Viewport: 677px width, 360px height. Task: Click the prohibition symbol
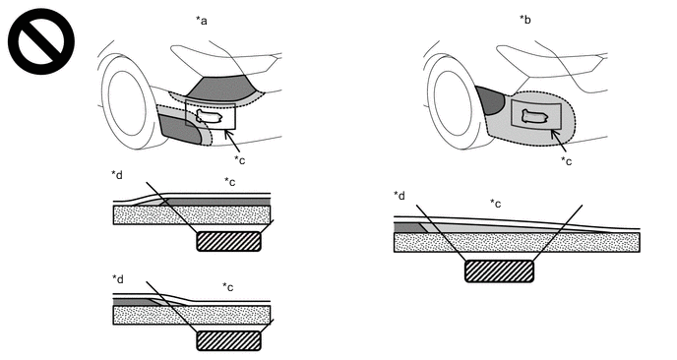[41, 41]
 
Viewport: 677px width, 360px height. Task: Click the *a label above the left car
[202, 21]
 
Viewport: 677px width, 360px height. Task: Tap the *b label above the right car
[525, 20]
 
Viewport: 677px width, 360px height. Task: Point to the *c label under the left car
[240, 159]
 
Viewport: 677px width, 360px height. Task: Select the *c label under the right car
[566, 161]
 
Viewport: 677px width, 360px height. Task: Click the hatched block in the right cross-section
[499, 271]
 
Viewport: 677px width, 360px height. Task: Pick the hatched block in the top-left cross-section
[229, 241]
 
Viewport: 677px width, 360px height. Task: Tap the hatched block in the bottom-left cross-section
[229, 341]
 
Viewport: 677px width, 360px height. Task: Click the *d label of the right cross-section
[400, 196]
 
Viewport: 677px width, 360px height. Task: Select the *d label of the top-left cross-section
[117, 175]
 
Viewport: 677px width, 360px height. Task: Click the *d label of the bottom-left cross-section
[118, 279]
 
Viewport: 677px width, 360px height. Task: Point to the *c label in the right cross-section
[495, 204]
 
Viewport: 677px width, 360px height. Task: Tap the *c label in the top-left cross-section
[229, 182]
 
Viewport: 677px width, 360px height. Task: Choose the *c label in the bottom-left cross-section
[228, 286]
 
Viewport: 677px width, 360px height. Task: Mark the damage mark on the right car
[535, 116]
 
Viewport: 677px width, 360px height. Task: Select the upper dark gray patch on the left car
[221, 89]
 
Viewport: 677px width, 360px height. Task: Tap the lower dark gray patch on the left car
[180, 129]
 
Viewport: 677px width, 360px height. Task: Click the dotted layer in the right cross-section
[517, 242]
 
